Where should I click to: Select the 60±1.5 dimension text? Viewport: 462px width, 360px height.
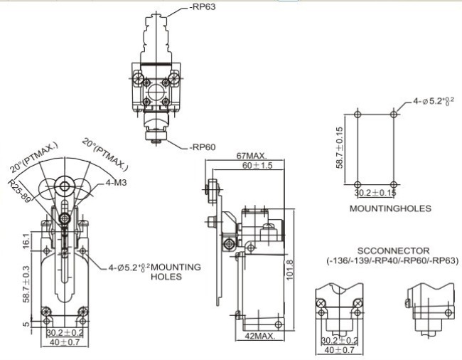238,165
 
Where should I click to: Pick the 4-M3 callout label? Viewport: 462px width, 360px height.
117,184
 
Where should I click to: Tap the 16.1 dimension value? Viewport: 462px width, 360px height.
26,243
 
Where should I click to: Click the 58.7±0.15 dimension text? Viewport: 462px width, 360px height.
342,148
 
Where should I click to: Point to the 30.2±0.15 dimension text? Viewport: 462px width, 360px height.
375,192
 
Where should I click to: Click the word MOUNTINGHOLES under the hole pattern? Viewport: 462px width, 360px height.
390,208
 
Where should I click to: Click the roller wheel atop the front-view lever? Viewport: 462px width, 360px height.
65,188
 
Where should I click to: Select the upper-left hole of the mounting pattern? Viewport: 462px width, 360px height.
357,113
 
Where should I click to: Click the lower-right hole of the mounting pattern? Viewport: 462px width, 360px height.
393,181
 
